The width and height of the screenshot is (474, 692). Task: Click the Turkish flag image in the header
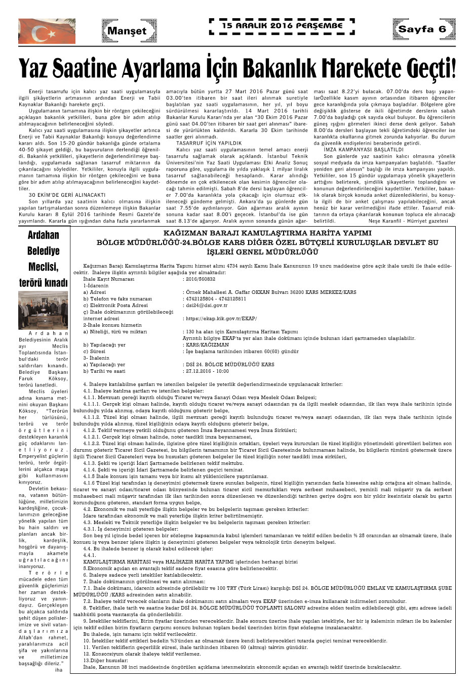point(47,31)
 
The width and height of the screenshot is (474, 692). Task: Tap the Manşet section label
point(126,31)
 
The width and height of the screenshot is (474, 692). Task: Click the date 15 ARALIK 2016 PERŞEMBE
point(282,25)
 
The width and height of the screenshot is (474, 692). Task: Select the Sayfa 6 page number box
point(422,29)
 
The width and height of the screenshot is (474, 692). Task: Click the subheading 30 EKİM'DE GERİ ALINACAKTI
point(67,195)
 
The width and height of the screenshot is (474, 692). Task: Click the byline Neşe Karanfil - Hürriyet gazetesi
point(408,221)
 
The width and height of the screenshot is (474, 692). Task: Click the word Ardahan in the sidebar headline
point(43,235)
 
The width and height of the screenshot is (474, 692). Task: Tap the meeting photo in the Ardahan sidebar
point(43,310)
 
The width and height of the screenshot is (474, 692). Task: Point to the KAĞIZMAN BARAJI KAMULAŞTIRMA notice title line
point(267,233)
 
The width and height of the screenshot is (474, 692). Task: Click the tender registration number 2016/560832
point(201,279)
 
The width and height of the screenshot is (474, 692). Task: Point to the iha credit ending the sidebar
point(59,670)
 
